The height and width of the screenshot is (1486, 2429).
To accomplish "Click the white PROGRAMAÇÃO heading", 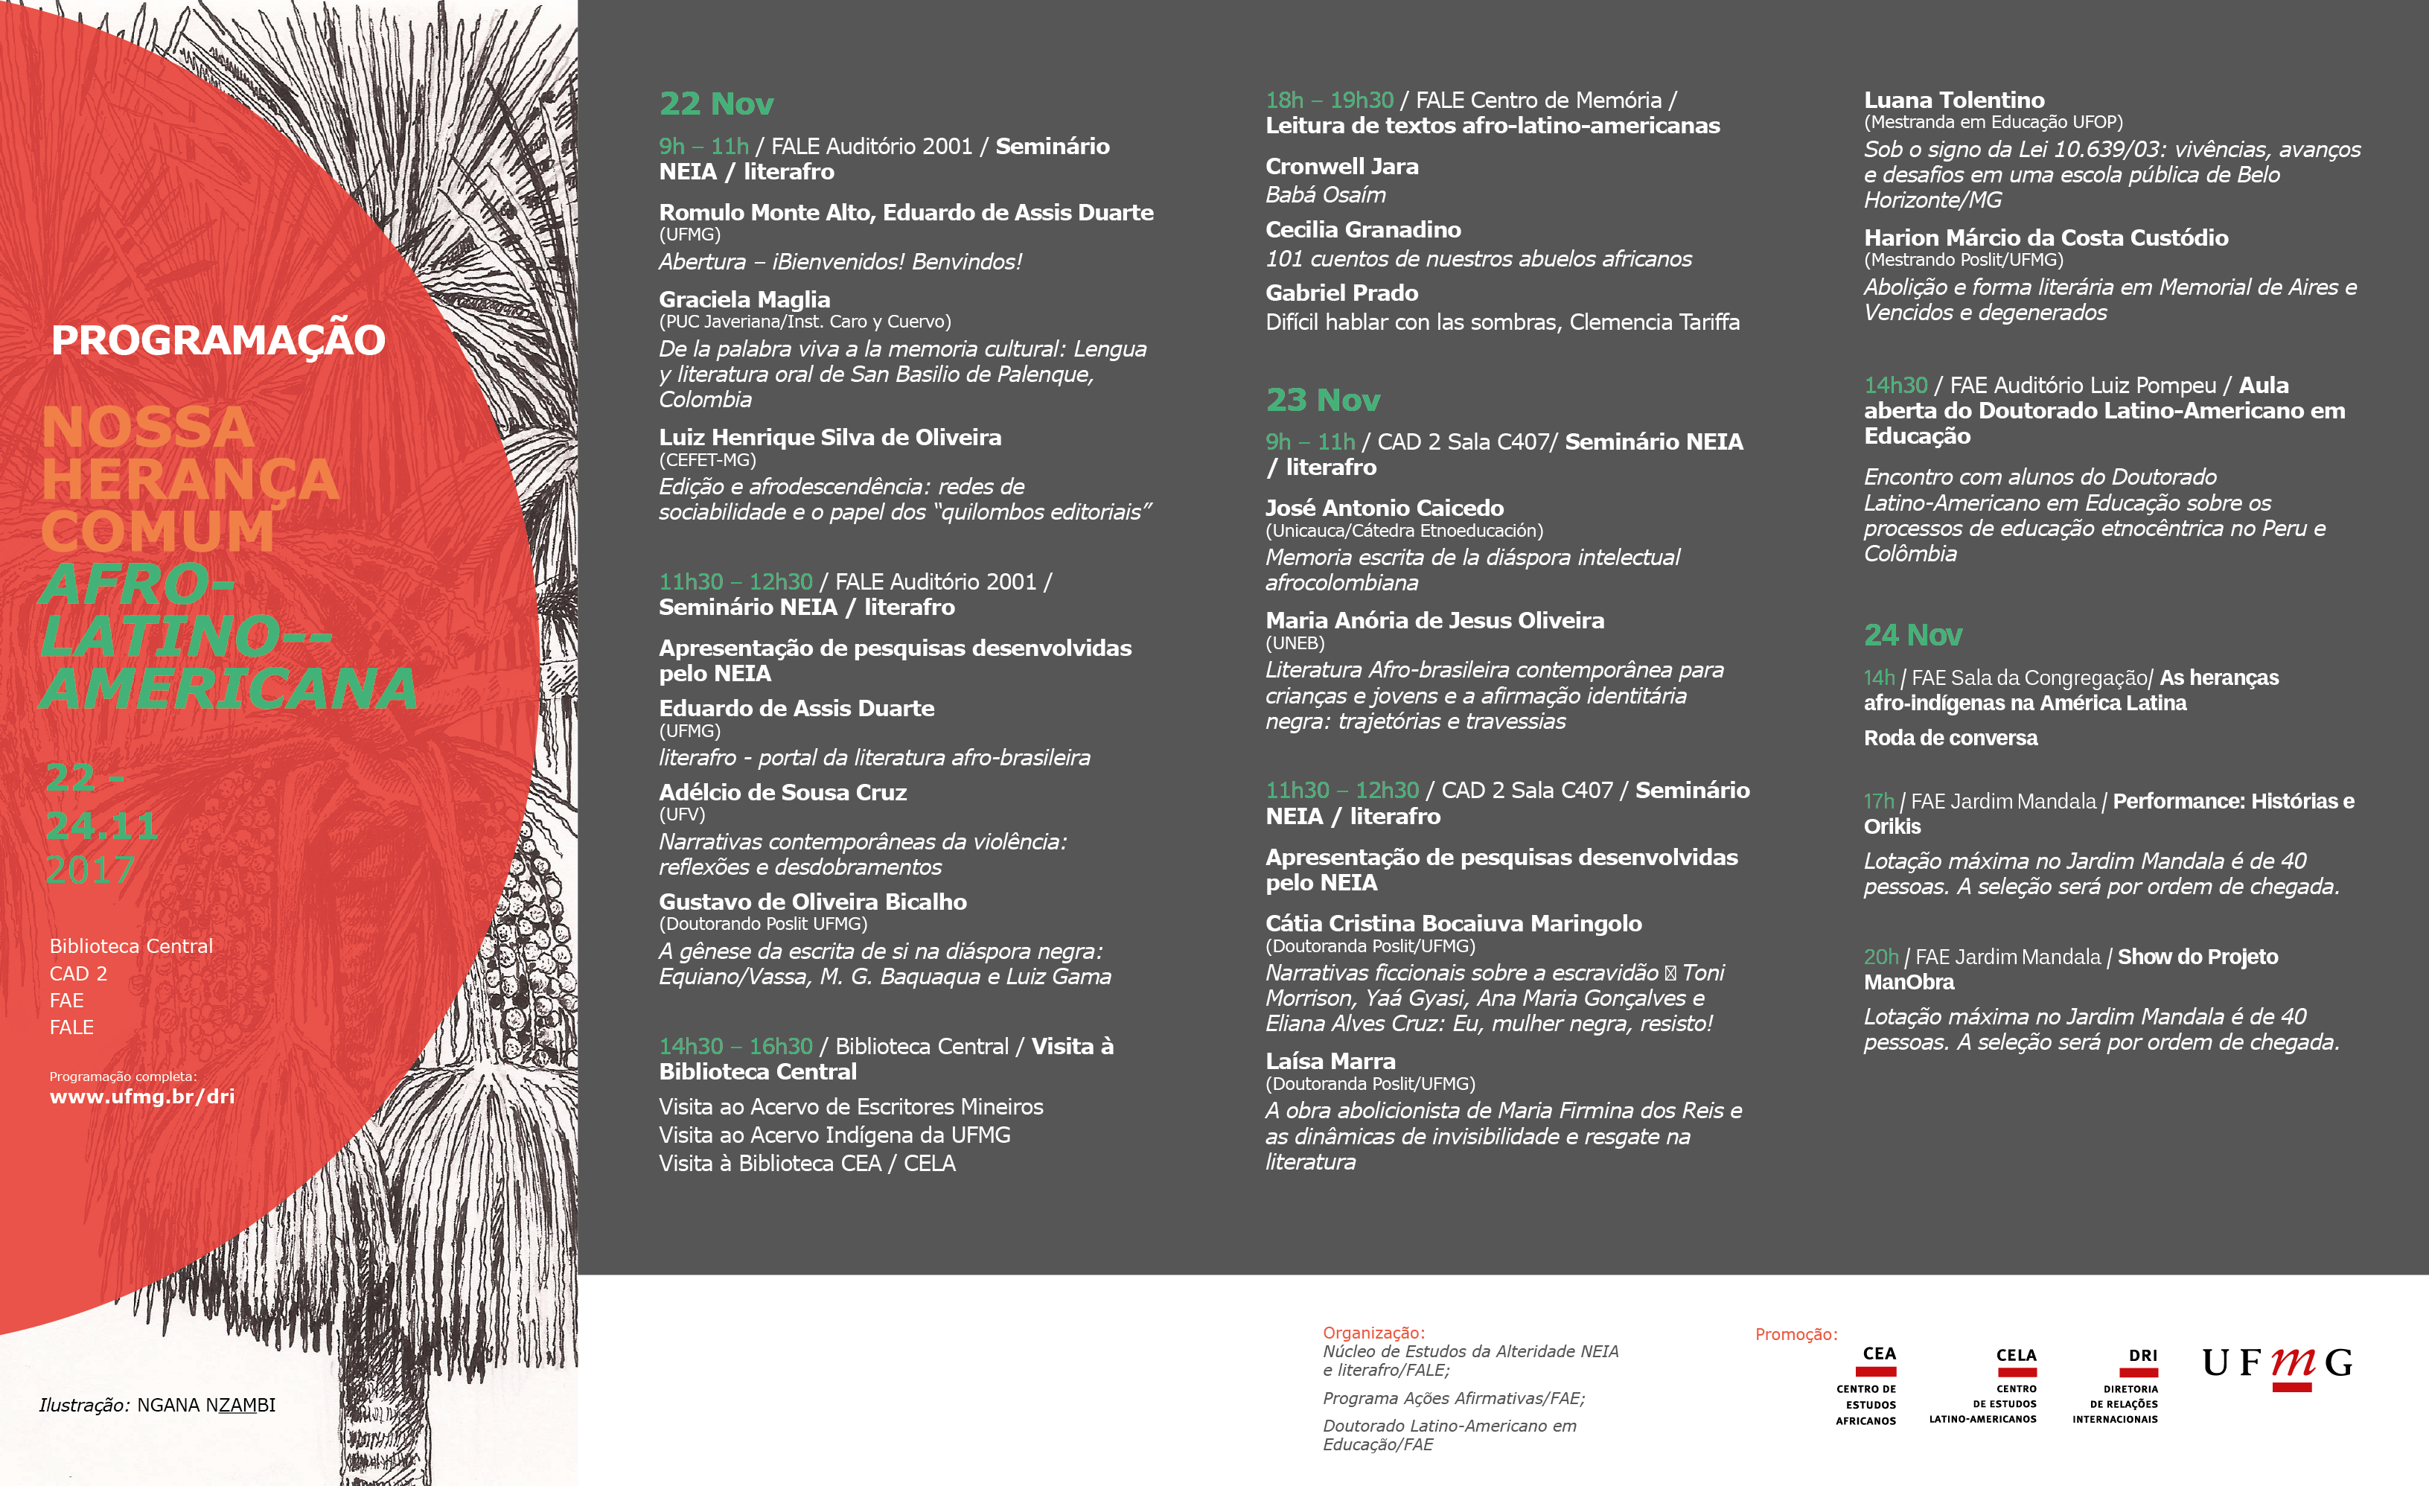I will pyautogui.click(x=218, y=340).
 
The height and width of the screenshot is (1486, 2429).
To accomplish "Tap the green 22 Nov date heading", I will pyautogui.click(x=717, y=103).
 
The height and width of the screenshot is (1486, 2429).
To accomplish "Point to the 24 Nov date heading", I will pyautogui.click(x=1912, y=635).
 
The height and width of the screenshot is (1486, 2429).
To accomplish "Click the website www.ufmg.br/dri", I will pyautogui.click(x=142, y=1097).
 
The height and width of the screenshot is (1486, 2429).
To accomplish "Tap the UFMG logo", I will pyautogui.click(x=2277, y=1365).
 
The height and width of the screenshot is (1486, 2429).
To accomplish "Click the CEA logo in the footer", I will pyautogui.click(x=1868, y=1385).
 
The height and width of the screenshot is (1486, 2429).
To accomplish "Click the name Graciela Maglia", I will pyautogui.click(x=744, y=300).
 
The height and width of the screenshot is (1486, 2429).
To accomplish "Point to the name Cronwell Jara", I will pyautogui.click(x=1341, y=167).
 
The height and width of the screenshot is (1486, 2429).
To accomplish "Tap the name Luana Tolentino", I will pyautogui.click(x=1954, y=101).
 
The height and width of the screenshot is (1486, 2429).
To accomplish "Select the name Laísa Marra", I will pyautogui.click(x=1330, y=1061).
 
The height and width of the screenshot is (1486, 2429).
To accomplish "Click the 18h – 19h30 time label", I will pyautogui.click(x=1329, y=101).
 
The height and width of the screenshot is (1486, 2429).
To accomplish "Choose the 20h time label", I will pyautogui.click(x=1880, y=957).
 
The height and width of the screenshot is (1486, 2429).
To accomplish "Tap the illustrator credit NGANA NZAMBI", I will pyautogui.click(x=206, y=1405).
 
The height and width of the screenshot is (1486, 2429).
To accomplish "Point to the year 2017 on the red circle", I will pyautogui.click(x=89, y=870).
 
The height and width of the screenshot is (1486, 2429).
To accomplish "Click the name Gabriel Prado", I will pyautogui.click(x=1341, y=293).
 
